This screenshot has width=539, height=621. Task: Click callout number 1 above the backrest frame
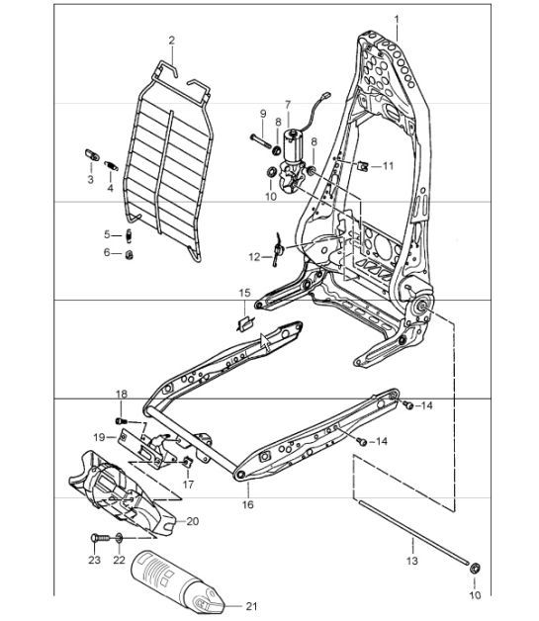click(x=397, y=20)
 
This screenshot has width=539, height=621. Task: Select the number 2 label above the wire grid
click(x=171, y=41)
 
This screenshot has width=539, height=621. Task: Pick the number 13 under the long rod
click(x=411, y=560)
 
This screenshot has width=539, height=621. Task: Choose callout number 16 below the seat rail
click(x=247, y=504)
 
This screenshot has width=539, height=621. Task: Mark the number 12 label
click(x=255, y=257)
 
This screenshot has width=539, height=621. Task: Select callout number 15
click(x=244, y=294)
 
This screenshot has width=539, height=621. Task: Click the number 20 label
click(x=192, y=522)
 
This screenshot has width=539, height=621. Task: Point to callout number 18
click(x=121, y=395)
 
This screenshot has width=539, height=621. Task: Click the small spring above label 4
click(x=110, y=162)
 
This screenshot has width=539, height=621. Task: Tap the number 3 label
click(x=90, y=181)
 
